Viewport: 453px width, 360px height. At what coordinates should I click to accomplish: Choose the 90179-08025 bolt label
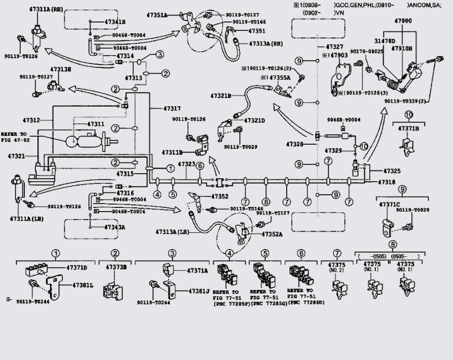click(364, 51)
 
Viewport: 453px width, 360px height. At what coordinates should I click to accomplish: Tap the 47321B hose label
click(221, 96)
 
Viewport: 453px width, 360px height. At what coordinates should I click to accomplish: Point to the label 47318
click(389, 181)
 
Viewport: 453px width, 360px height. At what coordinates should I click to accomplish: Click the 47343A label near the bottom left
click(115, 227)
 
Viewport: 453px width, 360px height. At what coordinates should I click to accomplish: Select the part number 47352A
click(272, 234)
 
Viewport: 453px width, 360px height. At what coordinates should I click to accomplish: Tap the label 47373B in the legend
click(116, 267)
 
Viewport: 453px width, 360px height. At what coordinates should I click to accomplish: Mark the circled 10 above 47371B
click(408, 115)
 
